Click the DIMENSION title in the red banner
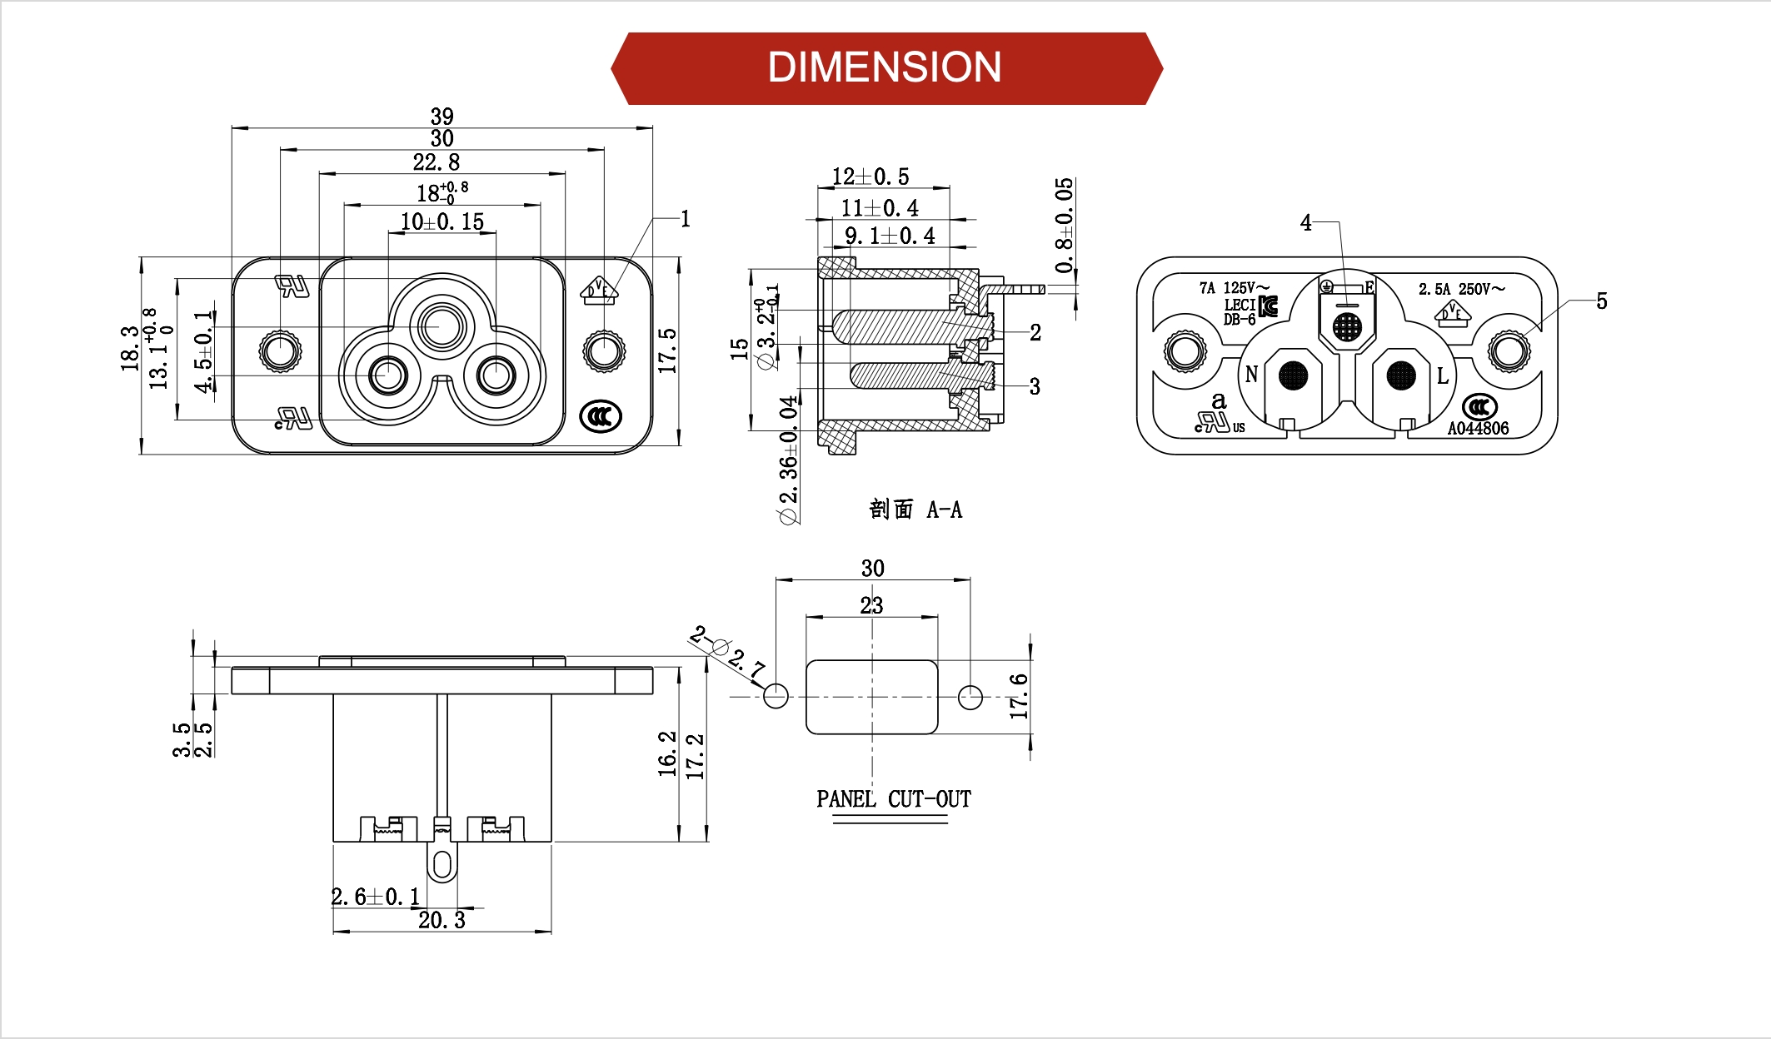pos(884,67)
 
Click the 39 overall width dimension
pos(442,116)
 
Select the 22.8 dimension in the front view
pos(436,162)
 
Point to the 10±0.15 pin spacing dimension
pos(442,222)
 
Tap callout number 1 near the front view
pos(685,219)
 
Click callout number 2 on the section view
pos(1035,333)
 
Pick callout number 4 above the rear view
pos(1305,223)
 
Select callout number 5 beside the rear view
pos(1601,301)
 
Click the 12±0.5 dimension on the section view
pos(871,177)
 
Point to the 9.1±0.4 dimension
pos(890,236)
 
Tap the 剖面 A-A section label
pos(915,510)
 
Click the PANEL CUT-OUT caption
pos(893,799)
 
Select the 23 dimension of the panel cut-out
pos(871,605)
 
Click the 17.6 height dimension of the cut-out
pos(1018,696)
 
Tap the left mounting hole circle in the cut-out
pos(776,696)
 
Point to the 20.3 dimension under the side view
pos(442,920)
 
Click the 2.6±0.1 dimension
pos(375,897)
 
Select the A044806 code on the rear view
pos(1478,429)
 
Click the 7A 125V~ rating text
pos(1234,288)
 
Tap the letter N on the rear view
pos(1250,375)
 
